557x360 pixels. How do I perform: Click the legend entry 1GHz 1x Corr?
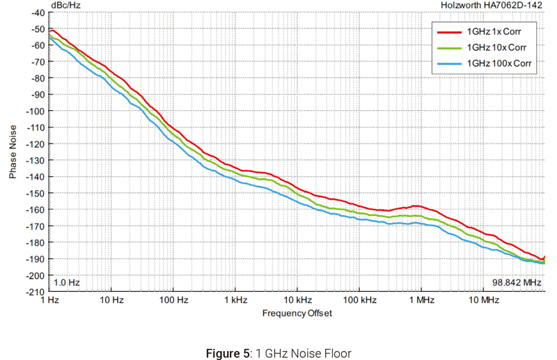[493, 31]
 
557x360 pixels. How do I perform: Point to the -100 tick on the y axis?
[35, 111]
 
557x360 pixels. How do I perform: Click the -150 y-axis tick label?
[35, 193]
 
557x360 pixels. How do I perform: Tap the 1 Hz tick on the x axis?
[50, 301]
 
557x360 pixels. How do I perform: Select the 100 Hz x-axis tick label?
[173, 301]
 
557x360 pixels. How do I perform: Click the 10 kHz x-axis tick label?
[297, 301]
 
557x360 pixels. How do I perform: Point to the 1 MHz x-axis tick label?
[421, 301]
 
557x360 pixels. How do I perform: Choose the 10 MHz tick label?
[483, 301]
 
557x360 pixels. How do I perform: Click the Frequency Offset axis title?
[297, 313]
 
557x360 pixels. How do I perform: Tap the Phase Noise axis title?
[13, 152]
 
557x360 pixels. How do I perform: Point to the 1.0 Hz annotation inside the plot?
[68, 283]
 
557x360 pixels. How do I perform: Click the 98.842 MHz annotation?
[517, 283]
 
